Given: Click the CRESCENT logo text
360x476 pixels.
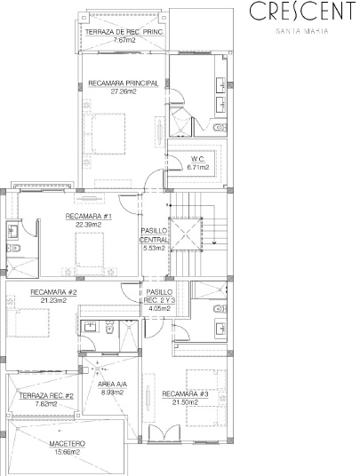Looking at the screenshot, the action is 302,12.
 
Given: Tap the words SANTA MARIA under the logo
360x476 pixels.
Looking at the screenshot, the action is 302,31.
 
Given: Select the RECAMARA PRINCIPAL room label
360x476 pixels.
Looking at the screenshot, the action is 124,83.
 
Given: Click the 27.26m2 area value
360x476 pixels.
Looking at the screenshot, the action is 124,91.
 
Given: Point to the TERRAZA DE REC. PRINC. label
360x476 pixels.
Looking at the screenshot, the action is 124,32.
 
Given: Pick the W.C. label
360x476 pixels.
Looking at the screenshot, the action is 198,159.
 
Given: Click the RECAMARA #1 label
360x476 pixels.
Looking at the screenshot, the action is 89,216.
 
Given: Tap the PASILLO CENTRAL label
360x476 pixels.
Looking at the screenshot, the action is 154,235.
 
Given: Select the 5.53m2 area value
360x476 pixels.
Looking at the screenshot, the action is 154,248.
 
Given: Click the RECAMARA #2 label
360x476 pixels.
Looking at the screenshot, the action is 53,292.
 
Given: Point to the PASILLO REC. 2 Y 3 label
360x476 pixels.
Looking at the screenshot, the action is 159,297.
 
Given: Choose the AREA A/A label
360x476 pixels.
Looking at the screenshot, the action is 112,385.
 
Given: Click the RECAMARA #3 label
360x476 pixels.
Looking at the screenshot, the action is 185,394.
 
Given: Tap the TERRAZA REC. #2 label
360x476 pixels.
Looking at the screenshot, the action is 46,396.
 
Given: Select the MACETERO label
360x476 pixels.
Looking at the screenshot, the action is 68,444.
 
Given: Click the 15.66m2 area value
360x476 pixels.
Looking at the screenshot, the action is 68,452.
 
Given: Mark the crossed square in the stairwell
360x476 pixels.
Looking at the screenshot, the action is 186,234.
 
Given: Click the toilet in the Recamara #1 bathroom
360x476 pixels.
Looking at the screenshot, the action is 13,249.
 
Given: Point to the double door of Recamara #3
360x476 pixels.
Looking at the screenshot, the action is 164,432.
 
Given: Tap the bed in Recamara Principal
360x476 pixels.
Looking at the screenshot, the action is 105,134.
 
